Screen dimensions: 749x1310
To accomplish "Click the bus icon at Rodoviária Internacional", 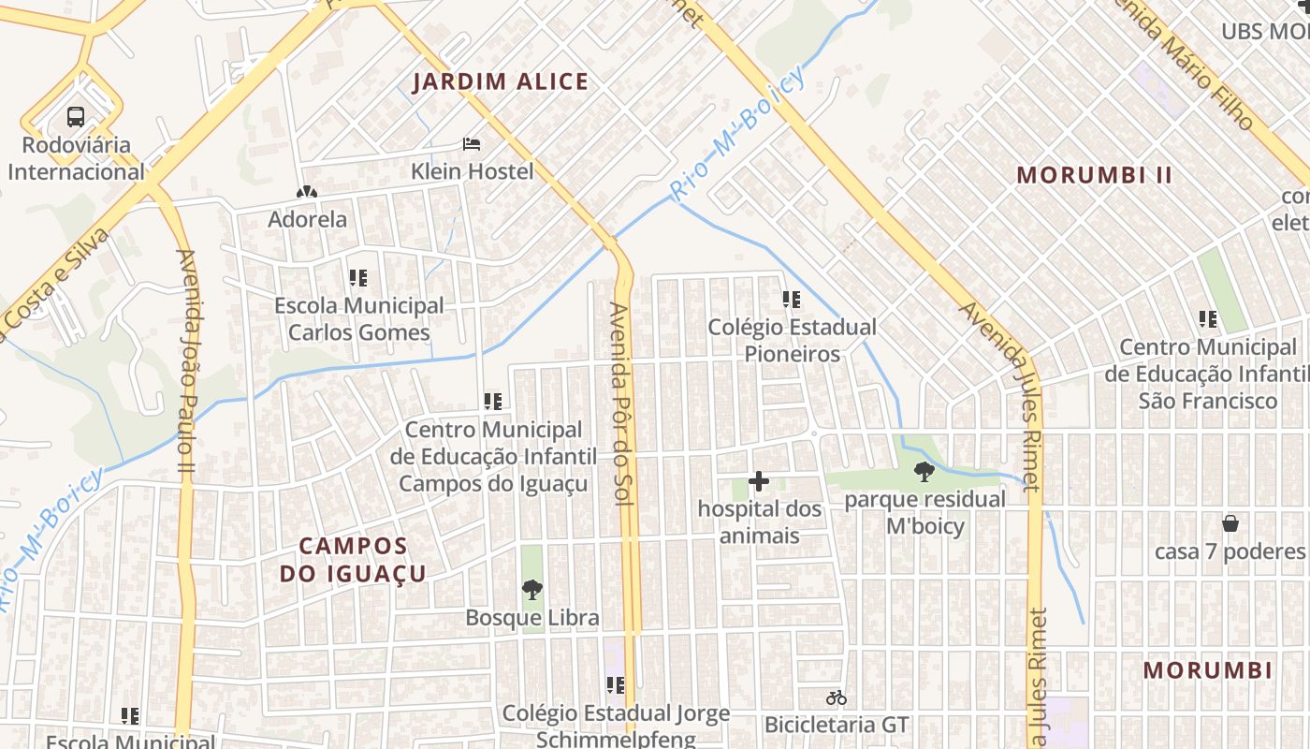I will (76, 117).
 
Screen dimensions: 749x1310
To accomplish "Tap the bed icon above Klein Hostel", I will (473, 144).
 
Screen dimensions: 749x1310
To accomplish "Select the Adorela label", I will (307, 220).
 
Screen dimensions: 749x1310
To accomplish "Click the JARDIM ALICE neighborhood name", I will (501, 82).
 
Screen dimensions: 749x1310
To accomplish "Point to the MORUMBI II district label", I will (1094, 175).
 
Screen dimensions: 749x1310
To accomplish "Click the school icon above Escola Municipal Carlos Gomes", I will (357, 278).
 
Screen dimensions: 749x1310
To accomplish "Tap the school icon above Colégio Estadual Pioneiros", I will (792, 300).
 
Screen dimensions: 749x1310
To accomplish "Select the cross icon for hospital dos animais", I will (759, 481).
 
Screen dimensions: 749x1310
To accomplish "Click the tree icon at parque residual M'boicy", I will (924, 471).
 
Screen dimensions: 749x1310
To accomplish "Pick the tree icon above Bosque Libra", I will (532, 590).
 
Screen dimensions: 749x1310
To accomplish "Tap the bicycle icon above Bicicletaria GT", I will (836, 698).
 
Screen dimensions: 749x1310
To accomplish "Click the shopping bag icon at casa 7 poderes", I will (1230, 523).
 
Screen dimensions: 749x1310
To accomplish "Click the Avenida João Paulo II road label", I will (184, 360).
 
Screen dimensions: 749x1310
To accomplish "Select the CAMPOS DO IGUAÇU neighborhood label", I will (354, 560).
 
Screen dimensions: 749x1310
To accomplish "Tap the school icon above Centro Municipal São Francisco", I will (1208, 319).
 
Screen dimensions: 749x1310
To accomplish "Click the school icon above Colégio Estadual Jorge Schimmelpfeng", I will (615, 685).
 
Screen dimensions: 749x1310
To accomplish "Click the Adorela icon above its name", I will (306, 192).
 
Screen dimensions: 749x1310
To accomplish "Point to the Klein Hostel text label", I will (473, 171).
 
